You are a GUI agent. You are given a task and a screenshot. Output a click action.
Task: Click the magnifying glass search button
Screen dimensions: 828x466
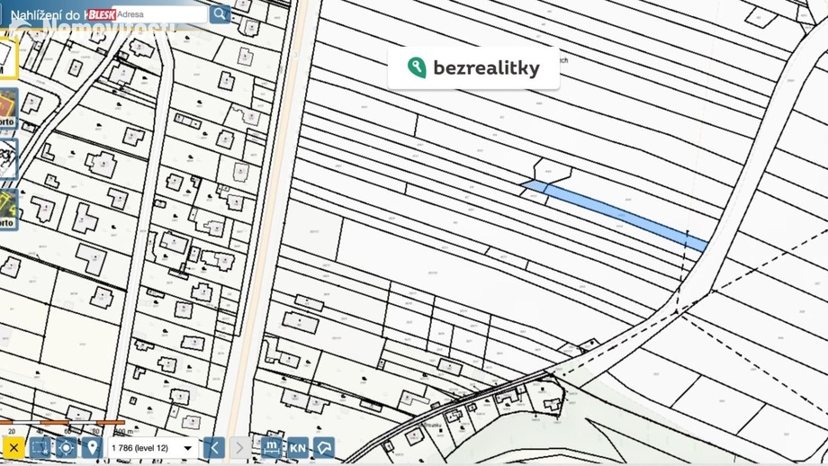pos(220,13)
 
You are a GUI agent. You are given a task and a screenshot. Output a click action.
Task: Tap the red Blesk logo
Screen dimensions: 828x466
pos(102,14)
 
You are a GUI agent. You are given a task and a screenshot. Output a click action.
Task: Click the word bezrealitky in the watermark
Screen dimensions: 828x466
pos(486,68)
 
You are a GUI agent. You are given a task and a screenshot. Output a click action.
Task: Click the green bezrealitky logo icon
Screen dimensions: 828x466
pos(417,67)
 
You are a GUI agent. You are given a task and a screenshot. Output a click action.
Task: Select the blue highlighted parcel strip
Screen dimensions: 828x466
pos(621,212)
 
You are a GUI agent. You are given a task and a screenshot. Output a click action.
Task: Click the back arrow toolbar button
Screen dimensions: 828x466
pos(214,448)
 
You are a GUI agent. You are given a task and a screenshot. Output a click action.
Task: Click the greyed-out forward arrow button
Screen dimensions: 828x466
pos(239,448)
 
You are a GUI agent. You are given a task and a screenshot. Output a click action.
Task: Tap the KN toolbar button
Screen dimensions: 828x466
pos(298,448)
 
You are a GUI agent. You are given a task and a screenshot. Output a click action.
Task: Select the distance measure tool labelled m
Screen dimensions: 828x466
pos(271,447)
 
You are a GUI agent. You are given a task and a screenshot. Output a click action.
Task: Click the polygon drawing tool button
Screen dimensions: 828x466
pos(324,448)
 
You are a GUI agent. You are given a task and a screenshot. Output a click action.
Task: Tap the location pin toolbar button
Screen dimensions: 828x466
pos(92,448)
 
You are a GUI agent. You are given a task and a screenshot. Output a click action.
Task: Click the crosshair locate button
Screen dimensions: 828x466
pos(66,448)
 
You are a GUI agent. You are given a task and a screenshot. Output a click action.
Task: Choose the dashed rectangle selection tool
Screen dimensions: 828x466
pos(40,448)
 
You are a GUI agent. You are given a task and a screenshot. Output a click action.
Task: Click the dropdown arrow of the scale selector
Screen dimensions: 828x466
pos(187,448)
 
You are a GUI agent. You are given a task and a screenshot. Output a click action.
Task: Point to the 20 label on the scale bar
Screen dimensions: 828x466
pos(12,432)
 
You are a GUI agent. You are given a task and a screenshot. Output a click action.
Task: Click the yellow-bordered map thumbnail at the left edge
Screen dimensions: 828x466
pos(6,59)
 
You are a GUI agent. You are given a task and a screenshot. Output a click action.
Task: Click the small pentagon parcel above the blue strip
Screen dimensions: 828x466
pos(552,170)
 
